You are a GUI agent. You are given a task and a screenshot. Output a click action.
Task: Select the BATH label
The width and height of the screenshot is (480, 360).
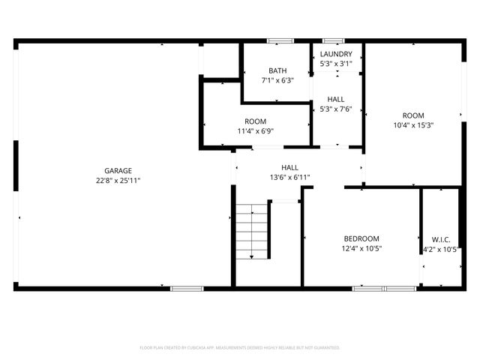(x=277, y=70)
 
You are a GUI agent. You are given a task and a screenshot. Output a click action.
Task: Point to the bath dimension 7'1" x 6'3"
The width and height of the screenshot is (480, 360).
(x=277, y=80)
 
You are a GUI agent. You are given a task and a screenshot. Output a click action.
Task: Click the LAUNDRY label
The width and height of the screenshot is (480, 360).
(x=335, y=54)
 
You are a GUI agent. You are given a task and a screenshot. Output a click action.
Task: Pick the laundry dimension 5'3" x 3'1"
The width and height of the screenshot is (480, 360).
(x=335, y=64)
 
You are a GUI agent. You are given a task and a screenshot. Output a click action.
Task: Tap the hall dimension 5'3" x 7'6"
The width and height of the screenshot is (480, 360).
(x=335, y=109)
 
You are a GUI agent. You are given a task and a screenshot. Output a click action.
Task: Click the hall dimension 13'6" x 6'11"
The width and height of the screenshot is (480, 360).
(x=289, y=178)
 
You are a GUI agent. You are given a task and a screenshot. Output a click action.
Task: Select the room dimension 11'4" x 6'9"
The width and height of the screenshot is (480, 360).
(x=255, y=131)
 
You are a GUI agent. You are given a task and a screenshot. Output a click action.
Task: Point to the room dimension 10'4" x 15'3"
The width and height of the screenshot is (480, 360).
(x=413, y=125)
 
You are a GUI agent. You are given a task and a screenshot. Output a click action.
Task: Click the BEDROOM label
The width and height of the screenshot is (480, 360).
(x=361, y=238)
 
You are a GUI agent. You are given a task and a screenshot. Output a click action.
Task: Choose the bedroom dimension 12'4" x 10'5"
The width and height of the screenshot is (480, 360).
(x=361, y=248)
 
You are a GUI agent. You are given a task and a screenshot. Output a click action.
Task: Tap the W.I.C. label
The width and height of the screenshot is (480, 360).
(x=440, y=238)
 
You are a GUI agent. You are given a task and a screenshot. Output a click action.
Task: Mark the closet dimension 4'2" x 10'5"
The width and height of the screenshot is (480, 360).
(x=440, y=248)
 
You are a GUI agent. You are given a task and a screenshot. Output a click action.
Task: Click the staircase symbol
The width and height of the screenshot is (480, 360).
(x=252, y=232)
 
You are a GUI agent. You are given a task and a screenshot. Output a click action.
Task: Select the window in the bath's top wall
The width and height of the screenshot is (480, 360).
(x=280, y=40)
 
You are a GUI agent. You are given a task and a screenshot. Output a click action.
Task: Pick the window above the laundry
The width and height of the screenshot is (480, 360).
(x=333, y=40)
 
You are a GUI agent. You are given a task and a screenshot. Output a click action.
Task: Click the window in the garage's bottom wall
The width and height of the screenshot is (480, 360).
(x=187, y=288)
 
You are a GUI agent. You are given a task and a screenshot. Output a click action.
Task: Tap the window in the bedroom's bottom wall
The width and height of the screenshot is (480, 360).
(x=383, y=288)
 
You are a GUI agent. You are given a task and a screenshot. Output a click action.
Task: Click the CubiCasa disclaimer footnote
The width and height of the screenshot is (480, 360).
(x=240, y=347)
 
